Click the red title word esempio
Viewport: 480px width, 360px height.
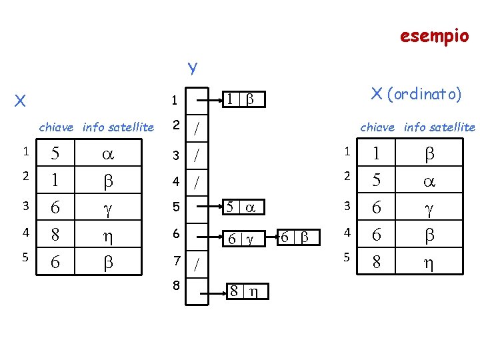tap(434, 35)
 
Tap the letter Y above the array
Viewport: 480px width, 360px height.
tap(192, 68)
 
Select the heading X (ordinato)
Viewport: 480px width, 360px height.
tap(415, 94)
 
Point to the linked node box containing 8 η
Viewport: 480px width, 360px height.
tap(245, 291)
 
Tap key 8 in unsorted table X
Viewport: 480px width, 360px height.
tap(56, 235)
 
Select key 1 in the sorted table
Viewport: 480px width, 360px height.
tap(377, 153)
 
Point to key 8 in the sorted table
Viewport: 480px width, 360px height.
tap(377, 263)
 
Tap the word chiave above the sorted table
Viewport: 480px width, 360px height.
tap(379, 127)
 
